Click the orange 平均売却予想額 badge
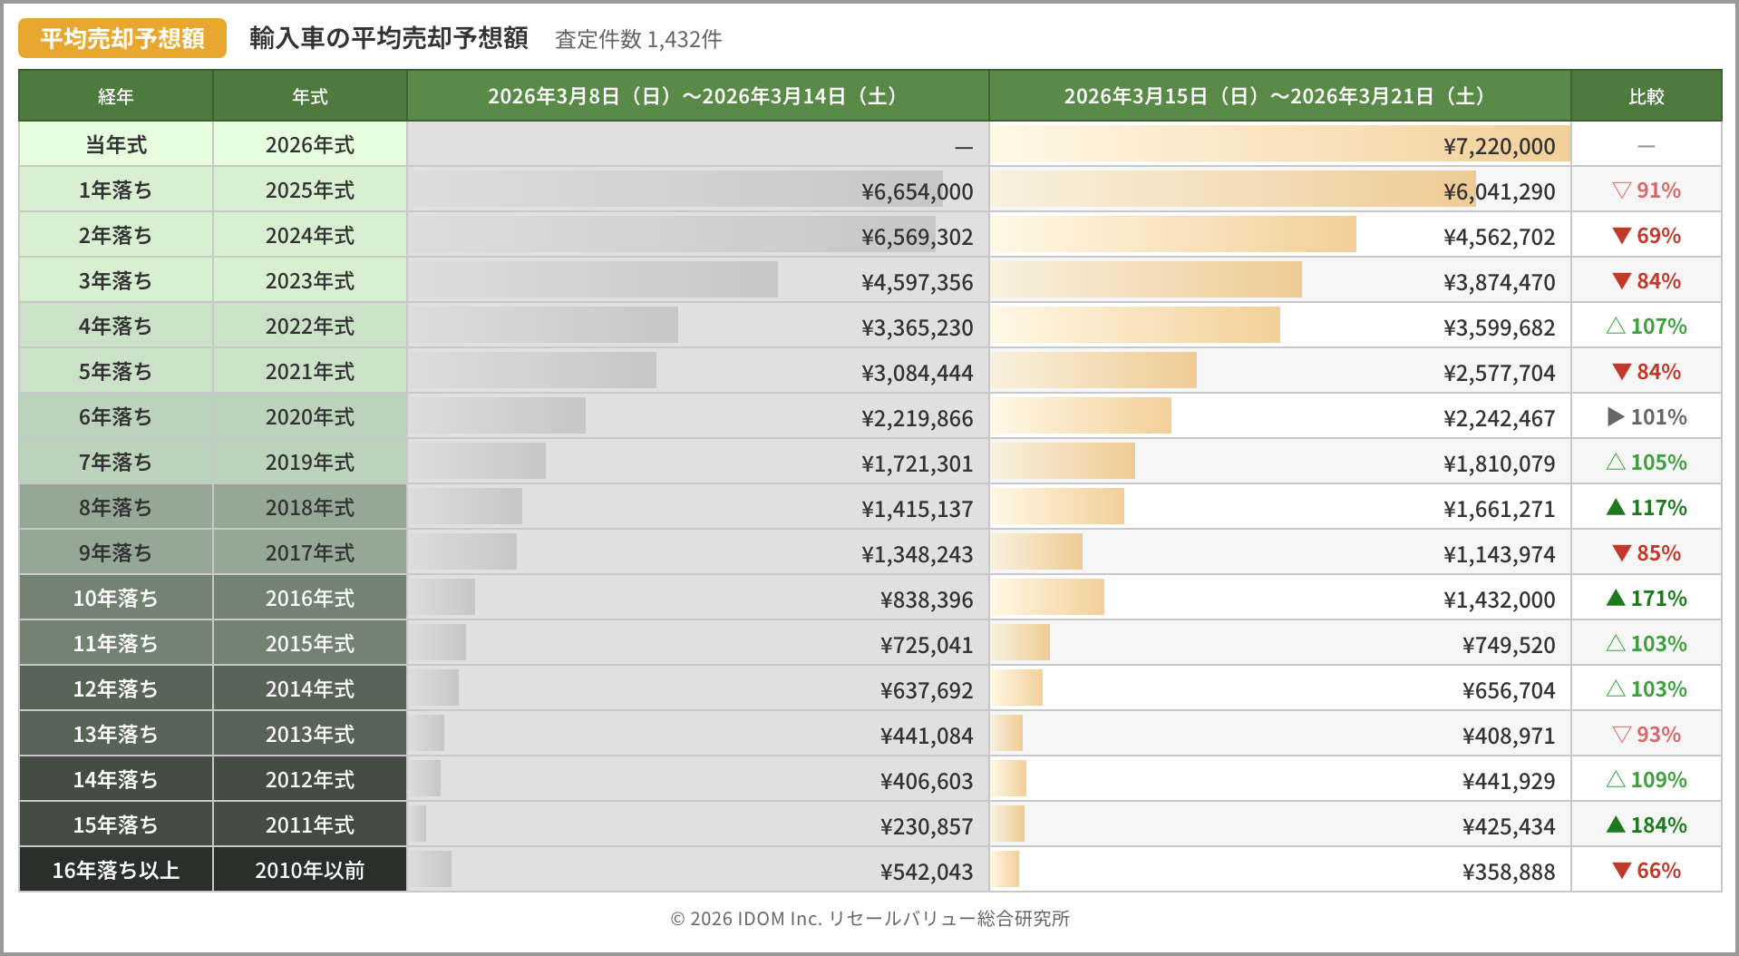pos(122,38)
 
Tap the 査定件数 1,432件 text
pos(638,39)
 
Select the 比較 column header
pos(1646,96)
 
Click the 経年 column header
pos(116,96)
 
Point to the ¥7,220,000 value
pos(1499,146)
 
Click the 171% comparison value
pos(1647,599)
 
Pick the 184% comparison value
pos(1647,825)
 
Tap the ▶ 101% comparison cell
pos(1647,417)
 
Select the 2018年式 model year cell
pos(310,508)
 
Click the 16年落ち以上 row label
pos(116,871)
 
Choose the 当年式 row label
pos(116,145)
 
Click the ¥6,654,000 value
pos(917,191)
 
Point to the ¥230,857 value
pos(926,826)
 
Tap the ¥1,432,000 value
pos(1499,600)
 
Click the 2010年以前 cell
pos(310,871)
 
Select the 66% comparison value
pos(1647,871)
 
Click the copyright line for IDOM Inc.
pos(869,919)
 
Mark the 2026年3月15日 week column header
pos(1279,96)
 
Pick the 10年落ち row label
pos(116,599)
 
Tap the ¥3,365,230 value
pos(917,327)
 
